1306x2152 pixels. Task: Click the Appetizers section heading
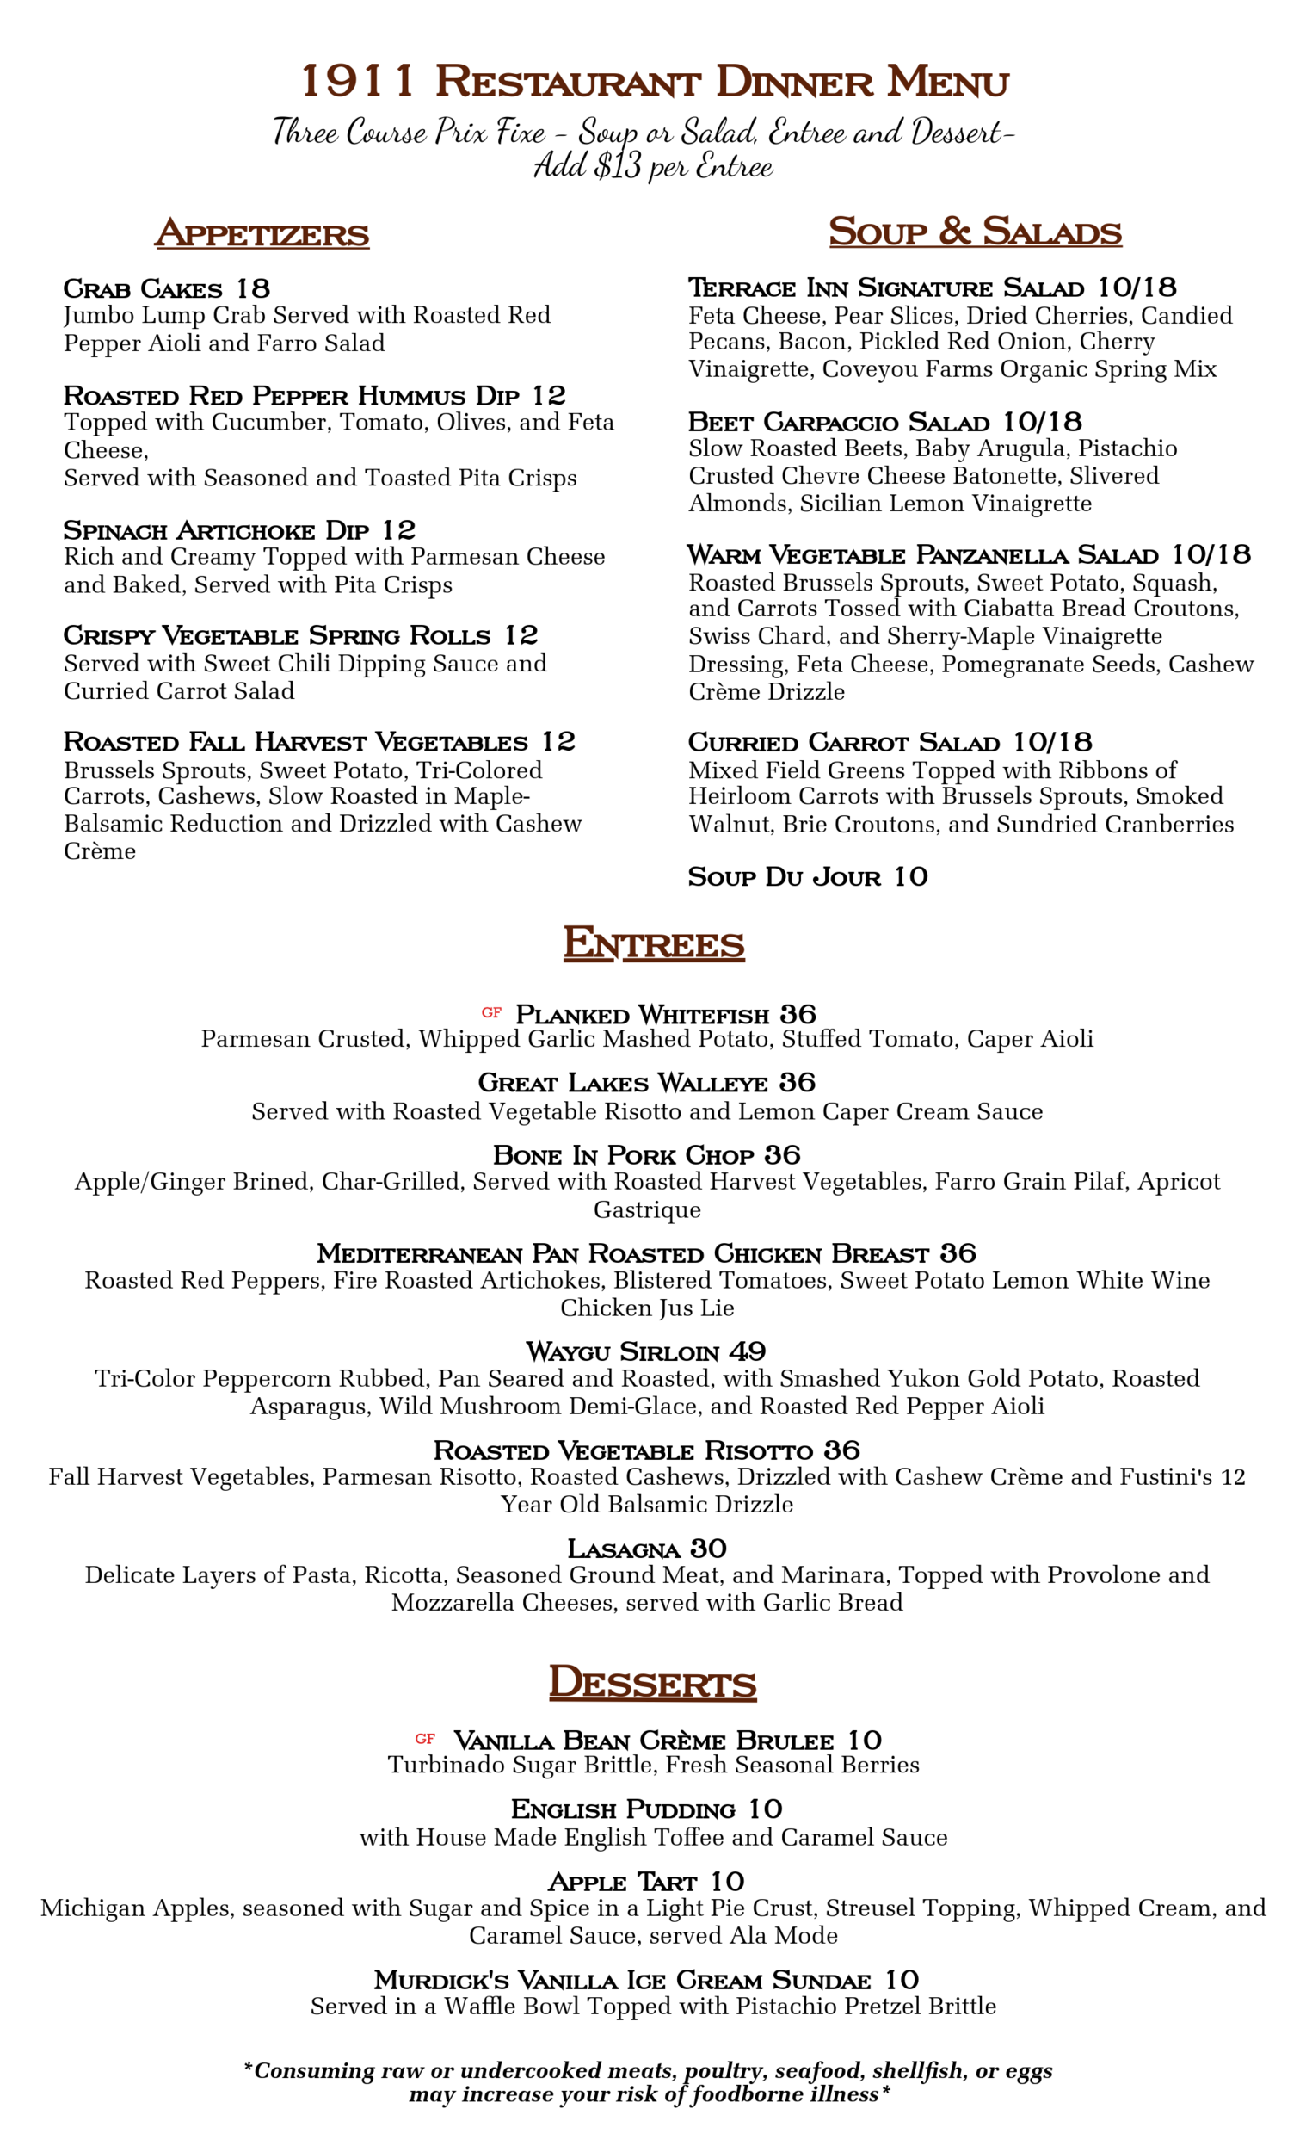click(x=262, y=234)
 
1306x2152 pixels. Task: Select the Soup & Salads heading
click(x=974, y=232)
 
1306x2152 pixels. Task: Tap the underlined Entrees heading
click(x=653, y=943)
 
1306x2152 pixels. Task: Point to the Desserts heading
click(x=652, y=1682)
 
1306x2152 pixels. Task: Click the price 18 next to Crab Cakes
click(x=253, y=289)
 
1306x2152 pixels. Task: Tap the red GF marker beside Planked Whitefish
click(x=491, y=1013)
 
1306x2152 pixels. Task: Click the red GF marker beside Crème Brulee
click(x=425, y=1739)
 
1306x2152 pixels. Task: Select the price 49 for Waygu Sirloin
click(x=748, y=1352)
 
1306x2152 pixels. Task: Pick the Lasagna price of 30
click(x=708, y=1549)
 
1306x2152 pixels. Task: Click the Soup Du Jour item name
click(x=784, y=877)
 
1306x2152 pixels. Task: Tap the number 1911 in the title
click(x=357, y=82)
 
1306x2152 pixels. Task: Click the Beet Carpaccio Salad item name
click(x=838, y=423)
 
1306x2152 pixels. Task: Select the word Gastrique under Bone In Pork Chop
click(x=647, y=1209)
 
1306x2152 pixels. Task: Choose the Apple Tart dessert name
click(x=622, y=1882)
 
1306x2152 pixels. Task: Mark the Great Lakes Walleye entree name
click(x=622, y=1083)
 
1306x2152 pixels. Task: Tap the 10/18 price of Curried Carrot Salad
click(x=1052, y=742)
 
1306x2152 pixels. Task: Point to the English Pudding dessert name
click(x=622, y=1809)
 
